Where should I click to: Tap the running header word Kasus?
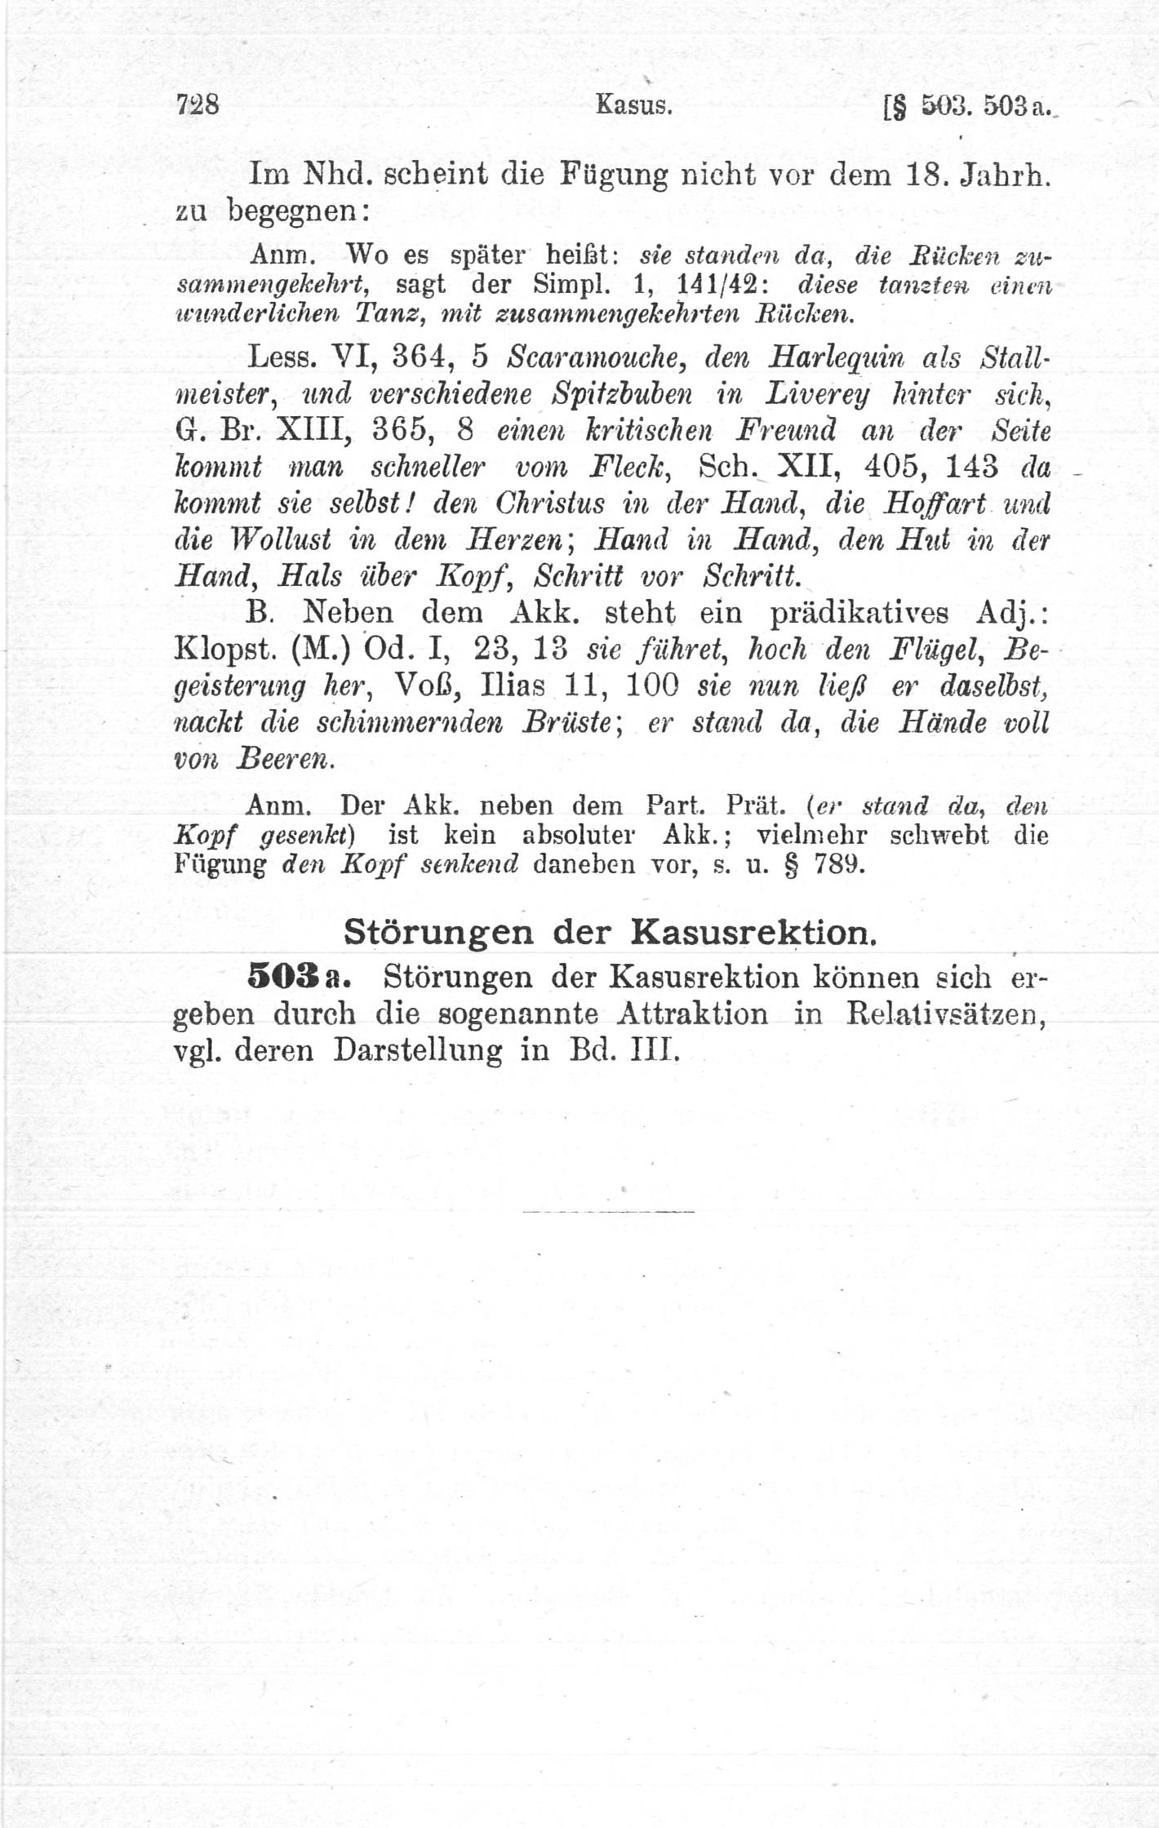click(x=633, y=105)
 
